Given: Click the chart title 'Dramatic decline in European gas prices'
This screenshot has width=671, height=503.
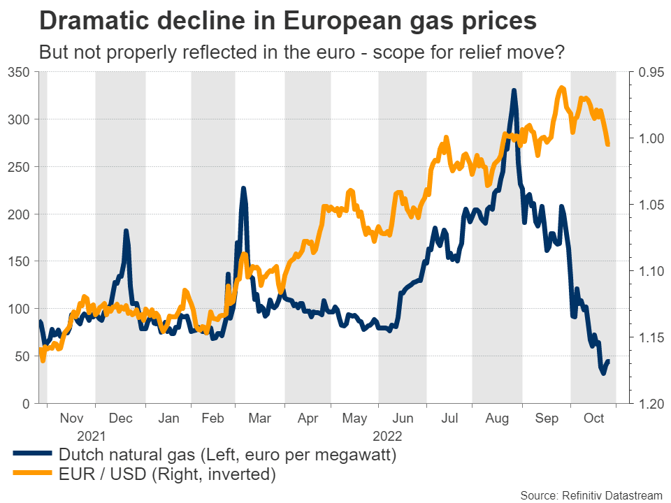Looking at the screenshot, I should coord(288,20).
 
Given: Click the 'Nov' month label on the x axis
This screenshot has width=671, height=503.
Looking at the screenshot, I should coord(72,418).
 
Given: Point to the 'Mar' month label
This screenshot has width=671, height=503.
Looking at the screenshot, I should coord(260,418).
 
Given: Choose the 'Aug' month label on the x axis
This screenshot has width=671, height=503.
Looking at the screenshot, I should coord(497,418).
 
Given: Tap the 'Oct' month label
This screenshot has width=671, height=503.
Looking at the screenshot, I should coord(593,418).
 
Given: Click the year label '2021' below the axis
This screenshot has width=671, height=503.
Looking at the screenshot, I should coord(91,436).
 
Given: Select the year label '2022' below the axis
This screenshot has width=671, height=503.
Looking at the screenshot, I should coord(388,436).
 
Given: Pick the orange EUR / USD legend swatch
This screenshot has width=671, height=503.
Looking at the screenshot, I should coord(32,475).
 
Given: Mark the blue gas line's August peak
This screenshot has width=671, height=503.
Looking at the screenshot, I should coord(514,90).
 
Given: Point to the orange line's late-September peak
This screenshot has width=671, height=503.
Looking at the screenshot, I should coord(562,88).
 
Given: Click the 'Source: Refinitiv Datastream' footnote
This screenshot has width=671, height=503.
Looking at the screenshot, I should coord(591,495).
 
